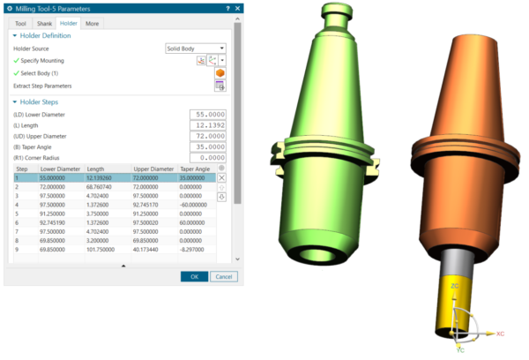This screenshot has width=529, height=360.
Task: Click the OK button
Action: point(194,276)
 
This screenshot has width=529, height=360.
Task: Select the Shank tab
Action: point(44,23)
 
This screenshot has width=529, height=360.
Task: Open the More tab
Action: point(93,23)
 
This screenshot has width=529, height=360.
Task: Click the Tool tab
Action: point(20,23)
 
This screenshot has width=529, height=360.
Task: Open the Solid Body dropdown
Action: point(196,48)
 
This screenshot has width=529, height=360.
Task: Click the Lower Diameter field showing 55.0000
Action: point(208,115)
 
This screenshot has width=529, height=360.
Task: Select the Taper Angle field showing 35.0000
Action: point(208,146)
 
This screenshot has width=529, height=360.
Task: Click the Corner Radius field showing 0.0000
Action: point(208,157)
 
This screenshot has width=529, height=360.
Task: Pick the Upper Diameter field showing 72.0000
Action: point(208,136)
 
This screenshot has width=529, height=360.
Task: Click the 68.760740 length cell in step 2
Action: point(104,187)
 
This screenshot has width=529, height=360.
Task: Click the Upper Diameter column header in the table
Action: point(153,168)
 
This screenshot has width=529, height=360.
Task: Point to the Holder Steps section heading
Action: point(44,101)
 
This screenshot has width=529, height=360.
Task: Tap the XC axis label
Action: point(500,334)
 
